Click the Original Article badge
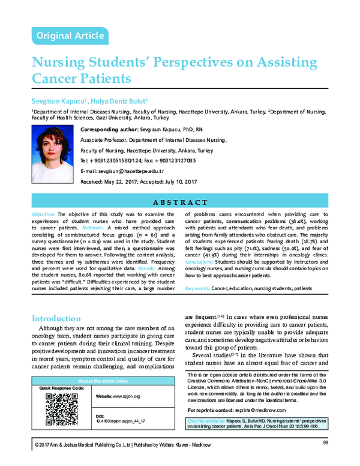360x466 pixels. coord(70,36)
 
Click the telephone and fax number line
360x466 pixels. coord(137,161)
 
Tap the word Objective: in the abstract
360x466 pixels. coord(45,214)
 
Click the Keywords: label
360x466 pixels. coord(197,289)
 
